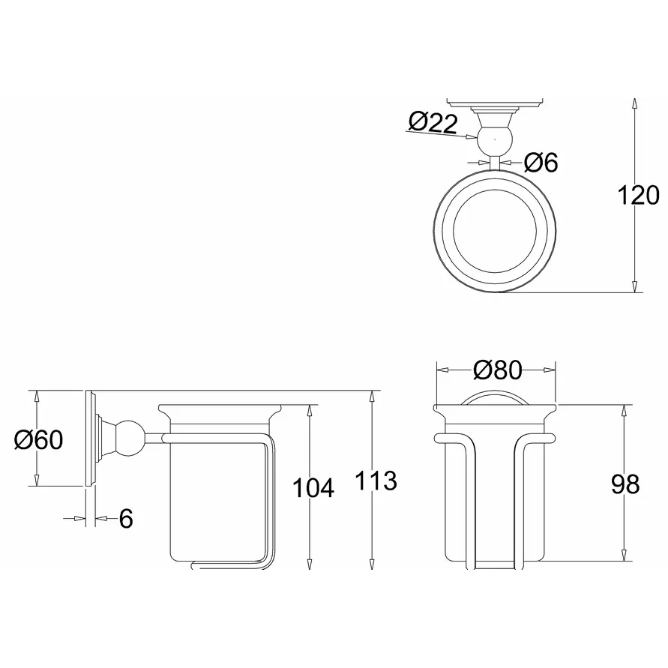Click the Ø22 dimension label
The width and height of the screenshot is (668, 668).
(433, 123)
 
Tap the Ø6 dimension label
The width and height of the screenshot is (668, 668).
(541, 162)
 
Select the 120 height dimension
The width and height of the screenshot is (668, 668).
(638, 196)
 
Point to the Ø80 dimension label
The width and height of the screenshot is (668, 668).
(497, 370)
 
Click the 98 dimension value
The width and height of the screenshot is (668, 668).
(625, 484)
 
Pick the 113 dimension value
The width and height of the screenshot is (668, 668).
(376, 481)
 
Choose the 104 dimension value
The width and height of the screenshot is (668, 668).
(313, 488)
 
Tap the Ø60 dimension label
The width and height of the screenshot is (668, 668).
(38, 439)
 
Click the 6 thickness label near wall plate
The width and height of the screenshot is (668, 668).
(126, 519)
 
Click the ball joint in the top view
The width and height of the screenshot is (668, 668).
(494, 139)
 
